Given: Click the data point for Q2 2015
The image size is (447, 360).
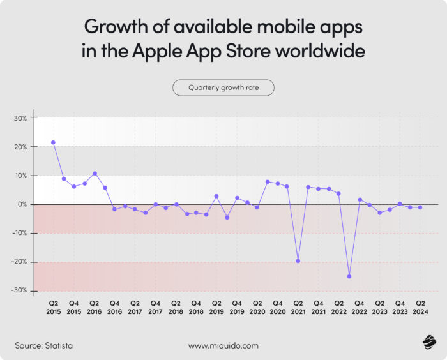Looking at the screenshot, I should click(53, 142).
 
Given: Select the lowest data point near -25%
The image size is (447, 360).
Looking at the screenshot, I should click(349, 276).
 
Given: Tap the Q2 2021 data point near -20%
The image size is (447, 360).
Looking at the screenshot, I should click(298, 261).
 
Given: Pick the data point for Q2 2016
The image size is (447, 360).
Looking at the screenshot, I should click(95, 173).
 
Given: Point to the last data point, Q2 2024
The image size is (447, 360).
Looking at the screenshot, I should click(420, 207).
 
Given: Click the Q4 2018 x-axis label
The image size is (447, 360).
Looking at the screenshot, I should click(196, 307).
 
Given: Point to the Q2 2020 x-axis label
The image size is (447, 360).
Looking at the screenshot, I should click(257, 307).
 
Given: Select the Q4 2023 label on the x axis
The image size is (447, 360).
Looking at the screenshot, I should click(400, 307).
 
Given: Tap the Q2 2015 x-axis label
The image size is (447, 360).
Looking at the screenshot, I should click(53, 307).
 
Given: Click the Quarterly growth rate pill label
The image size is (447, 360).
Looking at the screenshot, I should click(223, 87).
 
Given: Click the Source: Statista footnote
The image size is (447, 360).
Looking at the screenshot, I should click(43, 345).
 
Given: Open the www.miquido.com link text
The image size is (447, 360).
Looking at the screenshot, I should click(223, 345).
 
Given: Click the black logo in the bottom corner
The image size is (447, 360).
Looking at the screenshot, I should click(427, 344).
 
